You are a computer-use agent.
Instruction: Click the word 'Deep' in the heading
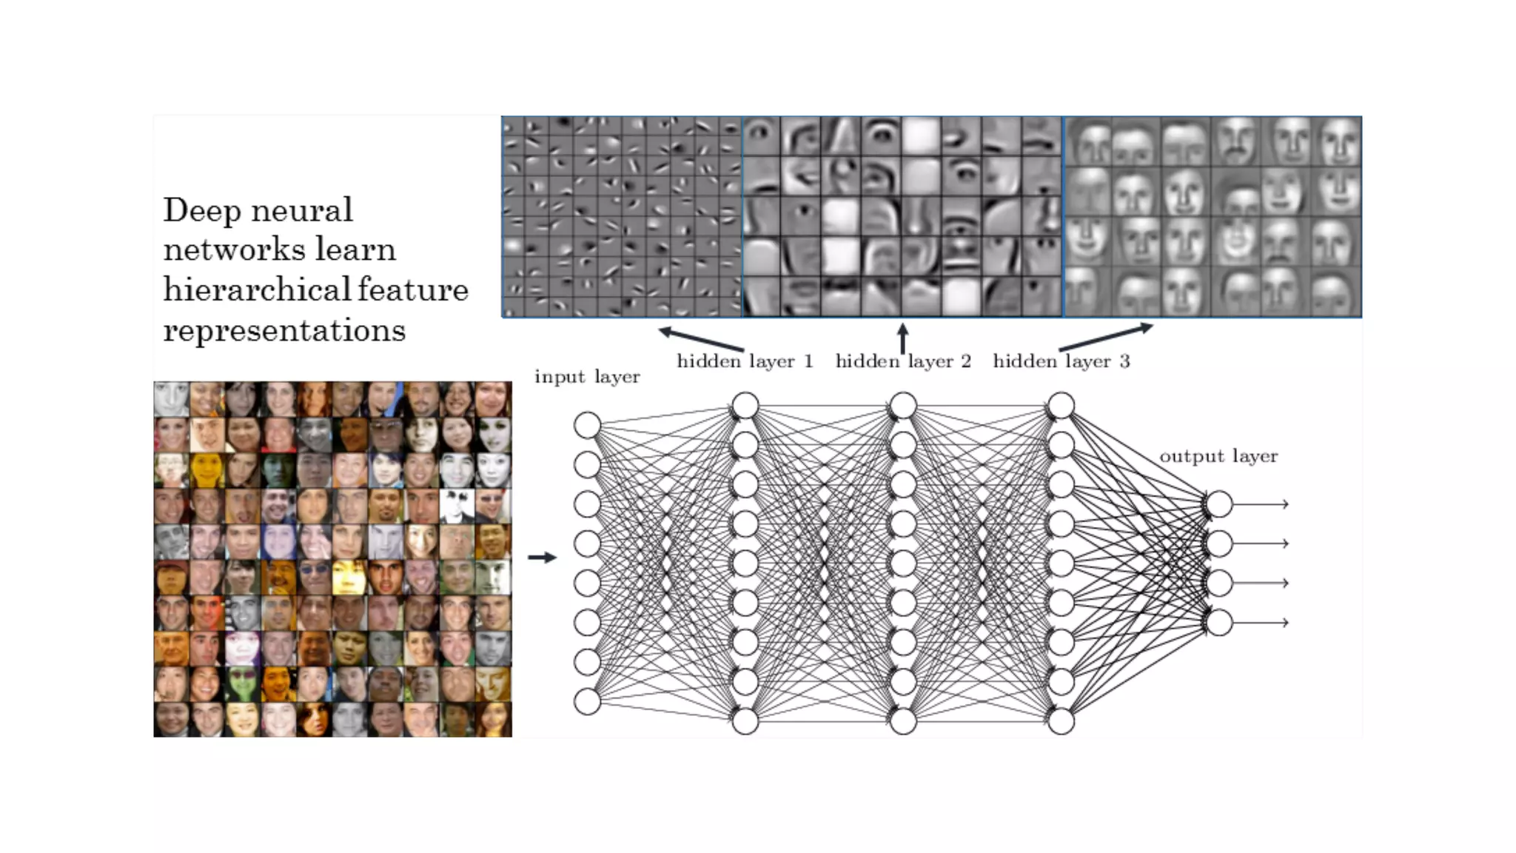(x=193, y=211)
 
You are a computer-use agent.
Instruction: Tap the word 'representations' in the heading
(x=284, y=330)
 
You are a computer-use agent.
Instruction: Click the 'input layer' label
(x=587, y=377)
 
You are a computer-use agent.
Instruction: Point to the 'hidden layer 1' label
(x=745, y=361)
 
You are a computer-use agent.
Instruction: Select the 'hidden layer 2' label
(x=903, y=361)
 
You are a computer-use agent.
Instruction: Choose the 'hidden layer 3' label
(x=1061, y=361)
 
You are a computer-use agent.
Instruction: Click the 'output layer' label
(x=1218, y=456)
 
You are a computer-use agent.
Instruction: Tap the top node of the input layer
(x=587, y=426)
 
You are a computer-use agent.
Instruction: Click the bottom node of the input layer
(x=587, y=701)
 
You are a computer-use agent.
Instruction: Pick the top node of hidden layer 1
(x=745, y=406)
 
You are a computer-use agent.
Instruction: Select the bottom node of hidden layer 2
(x=903, y=720)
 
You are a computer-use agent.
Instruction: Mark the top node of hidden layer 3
(x=1061, y=406)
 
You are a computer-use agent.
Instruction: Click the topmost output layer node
(x=1219, y=504)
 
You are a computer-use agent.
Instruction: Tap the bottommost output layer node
(x=1219, y=623)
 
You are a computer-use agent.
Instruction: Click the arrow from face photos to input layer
(x=542, y=558)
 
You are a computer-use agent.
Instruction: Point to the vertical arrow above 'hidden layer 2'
(x=902, y=338)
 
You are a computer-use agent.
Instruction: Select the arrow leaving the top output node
(x=1261, y=504)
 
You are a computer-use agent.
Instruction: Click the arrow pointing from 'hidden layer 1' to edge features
(x=700, y=339)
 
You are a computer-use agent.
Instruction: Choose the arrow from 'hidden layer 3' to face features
(x=1106, y=337)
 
